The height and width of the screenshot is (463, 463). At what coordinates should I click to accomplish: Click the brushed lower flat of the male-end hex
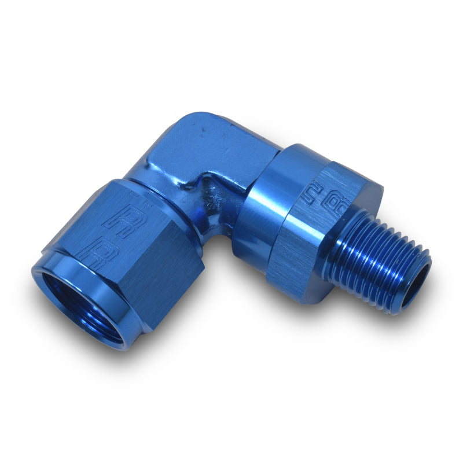coord(295,266)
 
